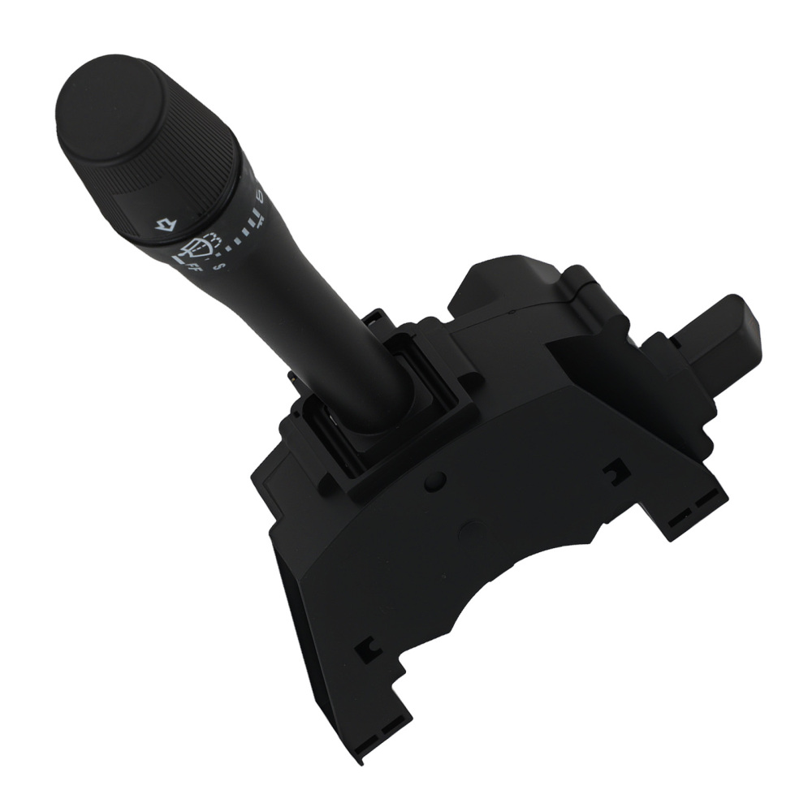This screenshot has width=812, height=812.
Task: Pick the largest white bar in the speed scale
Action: click(257, 217)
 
